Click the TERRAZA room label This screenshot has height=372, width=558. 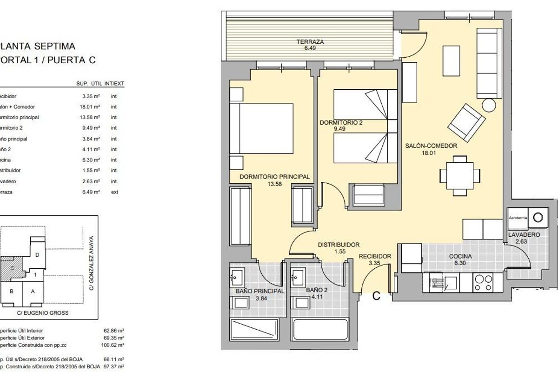point(310,42)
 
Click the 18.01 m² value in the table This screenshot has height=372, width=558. point(90,107)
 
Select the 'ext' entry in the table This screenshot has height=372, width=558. point(114,192)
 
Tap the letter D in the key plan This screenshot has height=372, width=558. point(37,255)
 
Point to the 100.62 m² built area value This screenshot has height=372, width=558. point(114,345)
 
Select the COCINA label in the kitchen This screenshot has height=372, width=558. point(460,256)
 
